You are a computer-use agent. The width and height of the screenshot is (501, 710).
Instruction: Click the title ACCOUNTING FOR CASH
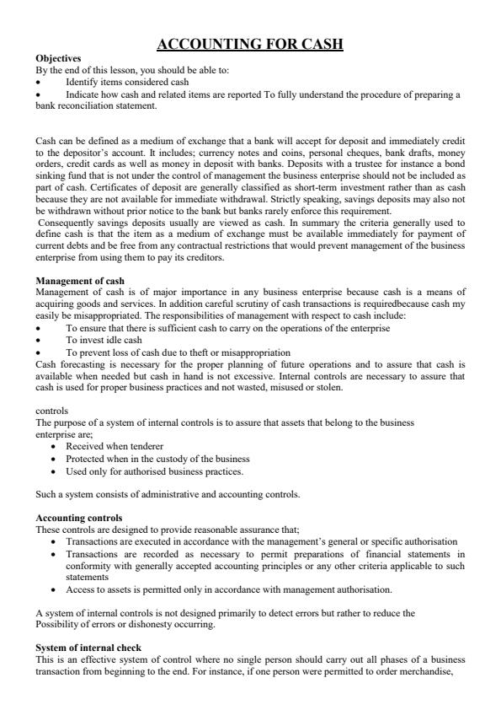250,45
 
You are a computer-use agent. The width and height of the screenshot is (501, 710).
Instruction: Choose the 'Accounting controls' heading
79,517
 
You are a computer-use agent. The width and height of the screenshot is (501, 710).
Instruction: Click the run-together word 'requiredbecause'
397,304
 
